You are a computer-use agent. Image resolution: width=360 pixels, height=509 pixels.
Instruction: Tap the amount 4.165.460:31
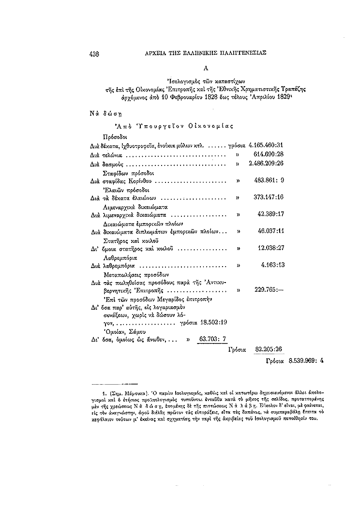tap(265, 145)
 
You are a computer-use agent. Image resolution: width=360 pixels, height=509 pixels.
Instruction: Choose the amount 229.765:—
tap(269, 291)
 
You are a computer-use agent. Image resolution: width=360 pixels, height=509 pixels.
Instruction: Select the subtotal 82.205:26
tap(269, 348)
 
